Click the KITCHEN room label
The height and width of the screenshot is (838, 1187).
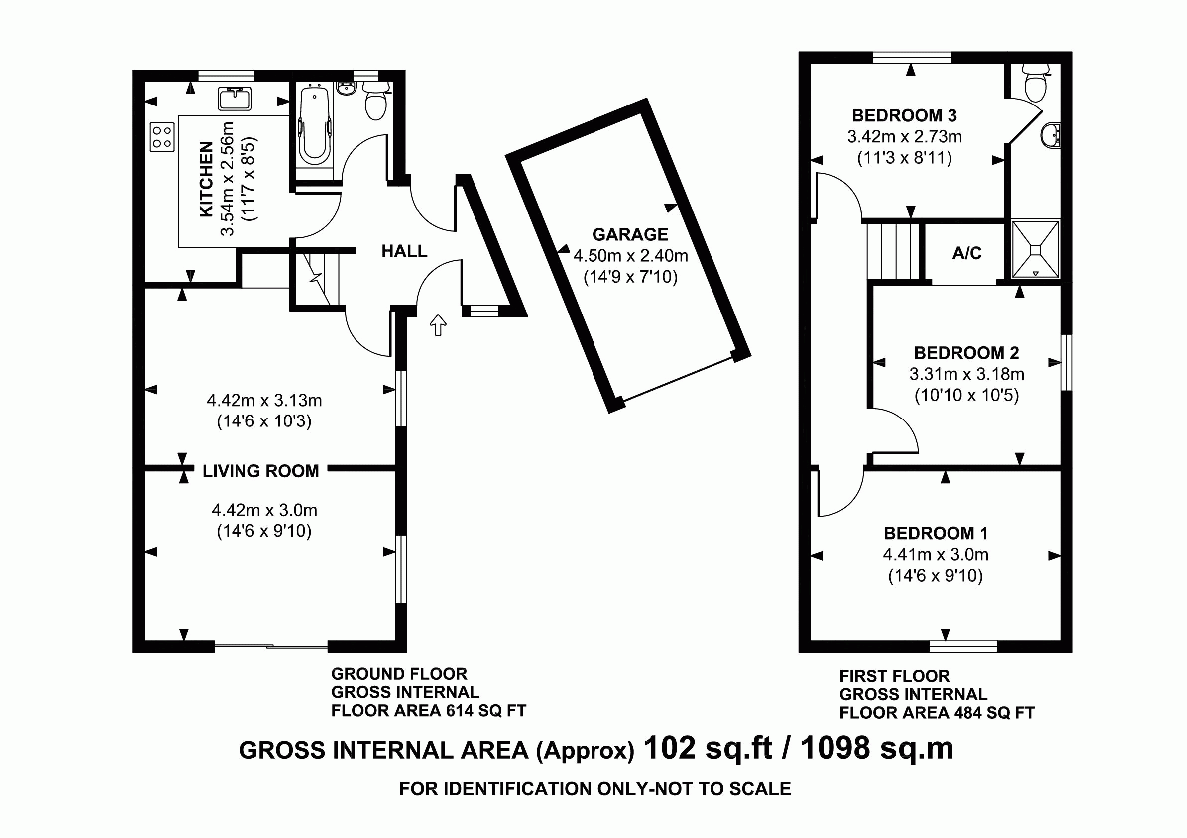pyautogui.click(x=206, y=179)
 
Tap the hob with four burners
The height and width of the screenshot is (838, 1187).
pyautogui.click(x=162, y=137)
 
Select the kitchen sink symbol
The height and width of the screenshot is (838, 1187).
pyautogui.click(x=235, y=99)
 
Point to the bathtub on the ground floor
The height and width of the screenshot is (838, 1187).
pyautogui.click(x=314, y=126)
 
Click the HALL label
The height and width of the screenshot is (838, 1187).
pyautogui.click(x=404, y=252)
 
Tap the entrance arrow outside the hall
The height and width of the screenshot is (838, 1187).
pyautogui.click(x=438, y=325)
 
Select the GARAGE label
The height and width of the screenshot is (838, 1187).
pyautogui.click(x=630, y=234)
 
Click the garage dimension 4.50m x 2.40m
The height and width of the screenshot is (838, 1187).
pyautogui.click(x=631, y=256)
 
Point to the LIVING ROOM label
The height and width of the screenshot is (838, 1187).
pyautogui.click(x=260, y=471)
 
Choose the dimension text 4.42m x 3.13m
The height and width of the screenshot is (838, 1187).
pyautogui.click(x=264, y=401)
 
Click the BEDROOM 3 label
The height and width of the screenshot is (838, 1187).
pyautogui.click(x=904, y=115)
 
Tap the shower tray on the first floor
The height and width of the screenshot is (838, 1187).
pyautogui.click(x=1036, y=249)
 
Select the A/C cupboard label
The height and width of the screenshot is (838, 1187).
pyautogui.click(x=967, y=253)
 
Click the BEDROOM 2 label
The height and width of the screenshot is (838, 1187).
pyautogui.click(x=966, y=353)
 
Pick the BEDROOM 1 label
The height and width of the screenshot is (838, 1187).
pyautogui.click(x=936, y=533)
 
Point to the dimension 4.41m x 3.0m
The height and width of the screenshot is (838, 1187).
pyautogui.click(x=936, y=555)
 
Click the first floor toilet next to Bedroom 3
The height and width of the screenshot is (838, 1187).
pyautogui.click(x=1036, y=85)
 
